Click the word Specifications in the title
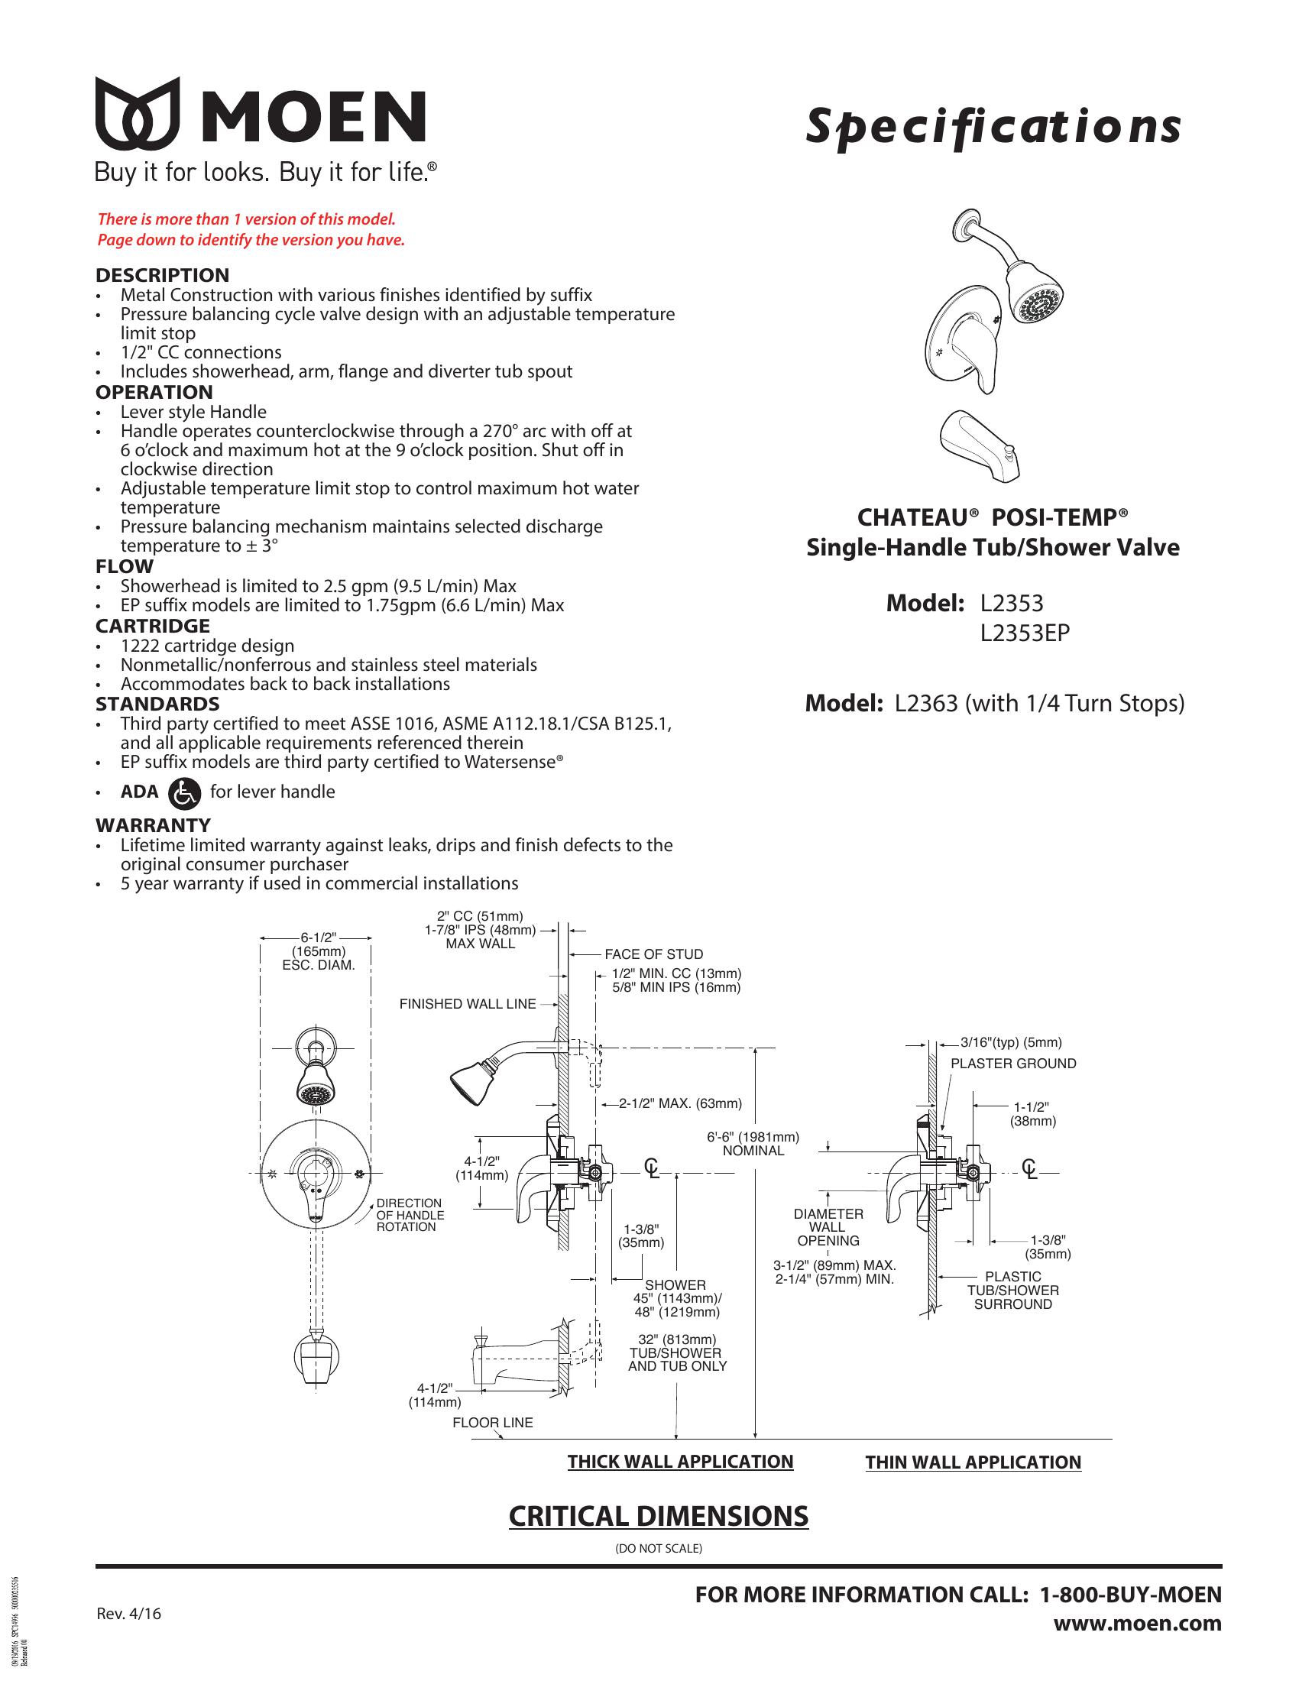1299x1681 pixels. [x=993, y=128]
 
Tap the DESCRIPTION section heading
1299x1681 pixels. [x=162, y=275]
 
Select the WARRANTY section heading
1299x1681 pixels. [x=153, y=825]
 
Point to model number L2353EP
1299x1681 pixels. [x=1025, y=633]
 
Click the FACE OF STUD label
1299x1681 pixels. [x=654, y=954]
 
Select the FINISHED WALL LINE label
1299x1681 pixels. [x=468, y=1004]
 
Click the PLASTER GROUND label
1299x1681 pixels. [x=1013, y=1064]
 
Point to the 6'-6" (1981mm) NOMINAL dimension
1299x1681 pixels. [x=753, y=1144]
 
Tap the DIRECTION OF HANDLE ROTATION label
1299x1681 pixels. [x=410, y=1215]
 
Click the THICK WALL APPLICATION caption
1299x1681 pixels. [x=680, y=1462]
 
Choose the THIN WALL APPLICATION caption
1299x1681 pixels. [x=973, y=1462]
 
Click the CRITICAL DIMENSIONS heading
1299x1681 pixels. [x=659, y=1515]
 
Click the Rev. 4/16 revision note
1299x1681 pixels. [x=129, y=1614]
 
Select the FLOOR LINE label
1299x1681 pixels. [x=493, y=1423]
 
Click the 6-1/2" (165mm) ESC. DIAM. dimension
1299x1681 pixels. [x=319, y=951]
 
